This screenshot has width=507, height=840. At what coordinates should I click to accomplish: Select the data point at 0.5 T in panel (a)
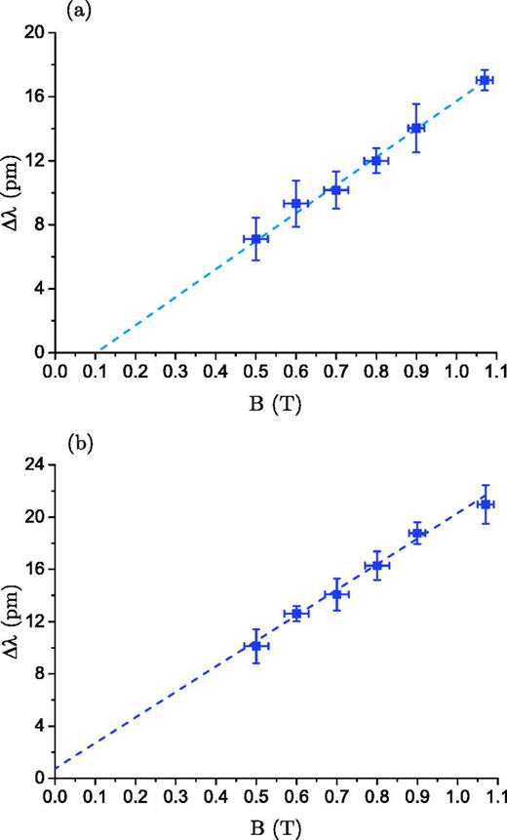(x=255, y=238)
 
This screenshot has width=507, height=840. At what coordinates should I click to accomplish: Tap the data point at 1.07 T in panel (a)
(x=484, y=80)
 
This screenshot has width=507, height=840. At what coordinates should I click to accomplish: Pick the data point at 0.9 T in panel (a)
(x=415, y=128)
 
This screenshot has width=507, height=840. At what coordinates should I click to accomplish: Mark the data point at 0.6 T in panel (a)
(x=295, y=203)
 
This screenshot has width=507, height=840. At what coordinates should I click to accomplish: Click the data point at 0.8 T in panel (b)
(x=376, y=565)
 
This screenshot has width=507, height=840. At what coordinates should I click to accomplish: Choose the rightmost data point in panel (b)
(x=485, y=503)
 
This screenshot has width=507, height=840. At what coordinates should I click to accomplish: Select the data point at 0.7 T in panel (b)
(x=336, y=593)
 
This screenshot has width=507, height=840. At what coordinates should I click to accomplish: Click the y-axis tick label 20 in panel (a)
(x=35, y=32)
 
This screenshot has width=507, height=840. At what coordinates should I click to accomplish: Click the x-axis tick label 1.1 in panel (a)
(x=496, y=372)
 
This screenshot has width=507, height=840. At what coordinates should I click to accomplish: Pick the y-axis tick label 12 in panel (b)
(x=35, y=621)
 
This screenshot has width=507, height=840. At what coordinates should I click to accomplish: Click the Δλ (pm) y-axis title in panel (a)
(x=12, y=192)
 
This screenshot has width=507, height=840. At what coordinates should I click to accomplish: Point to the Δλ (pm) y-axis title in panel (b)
(x=12, y=620)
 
